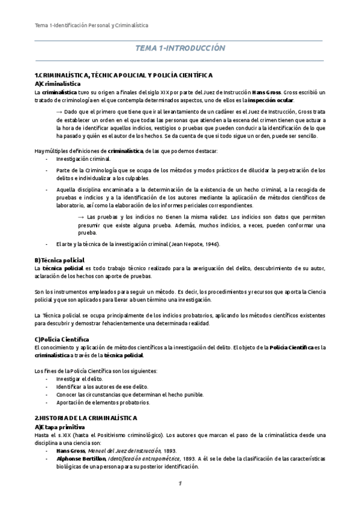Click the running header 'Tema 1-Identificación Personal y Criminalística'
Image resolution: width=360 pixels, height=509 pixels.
[91, 26]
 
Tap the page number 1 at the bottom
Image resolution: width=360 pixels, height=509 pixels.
[179, 483]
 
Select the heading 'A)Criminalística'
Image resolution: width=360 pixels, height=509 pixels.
[58, 83]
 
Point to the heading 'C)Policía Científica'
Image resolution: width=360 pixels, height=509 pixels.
[62, 339]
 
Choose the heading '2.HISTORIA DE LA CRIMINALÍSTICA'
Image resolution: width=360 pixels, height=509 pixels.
[86, 417]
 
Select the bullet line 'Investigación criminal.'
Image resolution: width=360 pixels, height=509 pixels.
[83, 159]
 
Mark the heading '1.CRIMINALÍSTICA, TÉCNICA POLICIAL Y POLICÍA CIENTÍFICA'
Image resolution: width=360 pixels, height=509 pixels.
[124, 75]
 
